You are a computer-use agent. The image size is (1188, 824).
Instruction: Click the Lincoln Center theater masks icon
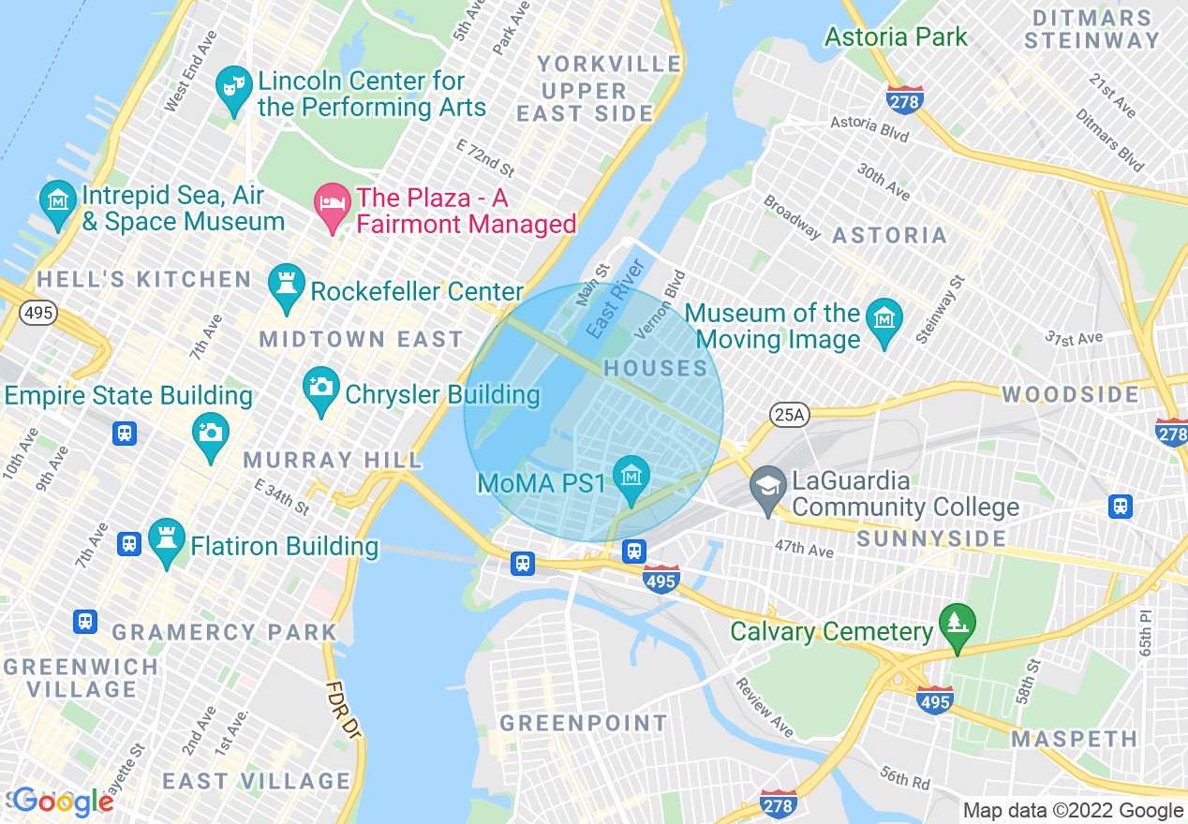tap(230, 87)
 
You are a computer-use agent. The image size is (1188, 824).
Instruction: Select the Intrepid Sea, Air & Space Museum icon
tap(58, 200)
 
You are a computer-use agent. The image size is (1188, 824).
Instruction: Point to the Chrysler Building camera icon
tap(321, 387)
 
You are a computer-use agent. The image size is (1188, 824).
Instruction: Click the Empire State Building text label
tap(128, 396)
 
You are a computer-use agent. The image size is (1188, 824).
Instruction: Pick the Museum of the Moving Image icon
tap(884, 318)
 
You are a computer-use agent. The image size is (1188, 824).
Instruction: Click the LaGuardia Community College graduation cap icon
tap(767, 486)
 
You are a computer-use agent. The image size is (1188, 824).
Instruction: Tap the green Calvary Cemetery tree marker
tap(957, 624)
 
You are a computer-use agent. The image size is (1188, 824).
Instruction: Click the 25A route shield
tap(789, 414)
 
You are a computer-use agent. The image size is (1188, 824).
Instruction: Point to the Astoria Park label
tap(896, 37)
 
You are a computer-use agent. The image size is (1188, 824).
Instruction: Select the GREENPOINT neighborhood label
tap(583, 723)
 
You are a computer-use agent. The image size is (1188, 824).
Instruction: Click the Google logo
tap(64, 802)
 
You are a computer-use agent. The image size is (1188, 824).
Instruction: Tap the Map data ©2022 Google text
tap(1073, 811)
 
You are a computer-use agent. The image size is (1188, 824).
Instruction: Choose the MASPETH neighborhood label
tap(1074, 739)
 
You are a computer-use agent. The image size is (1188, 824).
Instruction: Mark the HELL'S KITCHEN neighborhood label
tap(144, 279)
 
